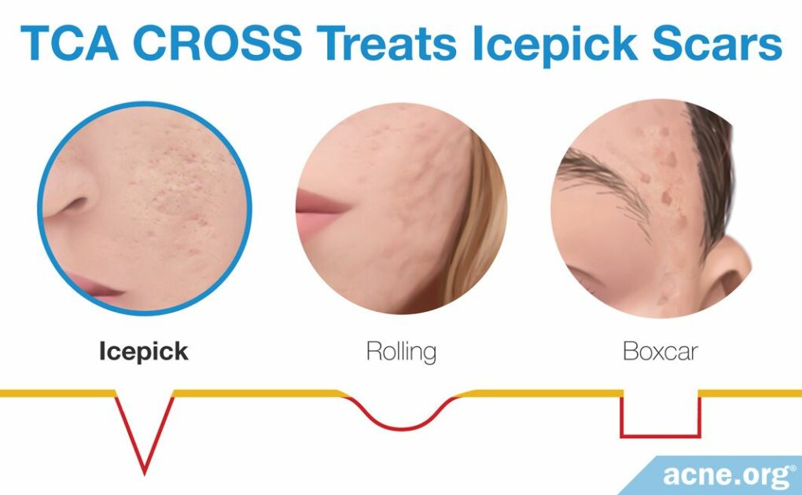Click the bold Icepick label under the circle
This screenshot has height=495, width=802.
[x=143, y=351]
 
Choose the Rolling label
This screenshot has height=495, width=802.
[x=401, y=351]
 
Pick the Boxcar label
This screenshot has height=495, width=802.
[x=660, y=351]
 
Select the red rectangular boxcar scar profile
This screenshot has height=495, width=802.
[x=660, y=432]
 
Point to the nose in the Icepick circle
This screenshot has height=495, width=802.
[x=75, y=200]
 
